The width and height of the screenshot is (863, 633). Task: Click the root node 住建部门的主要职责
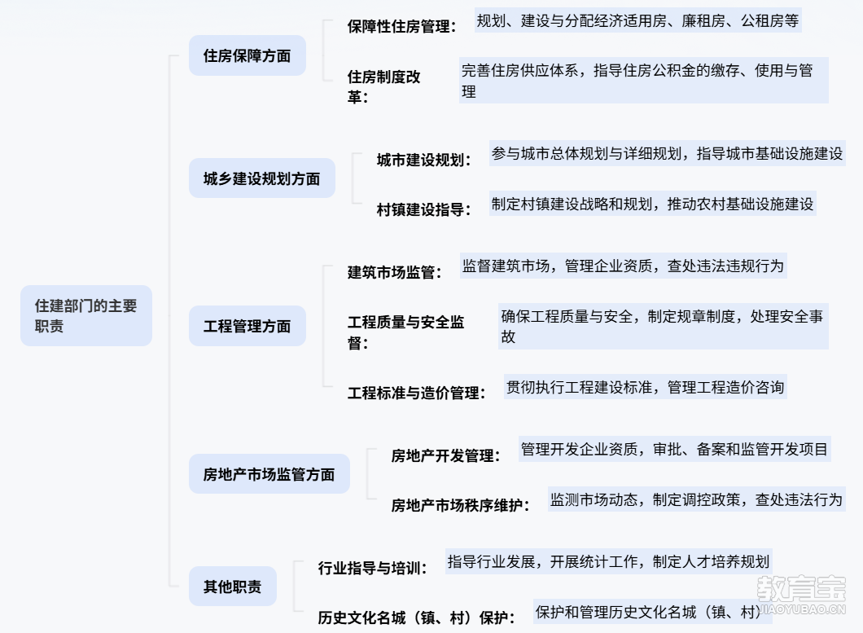click(x=85, y=316)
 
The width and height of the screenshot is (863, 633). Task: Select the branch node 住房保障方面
click(x=247, y=56)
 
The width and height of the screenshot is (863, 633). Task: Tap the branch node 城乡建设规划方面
click(x=261, y=178)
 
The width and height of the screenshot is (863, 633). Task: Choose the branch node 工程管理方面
click(x=247, y=326)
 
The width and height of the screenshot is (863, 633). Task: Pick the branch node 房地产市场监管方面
click(x=269, y=474)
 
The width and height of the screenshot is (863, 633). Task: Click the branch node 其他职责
click(x=232, y=587)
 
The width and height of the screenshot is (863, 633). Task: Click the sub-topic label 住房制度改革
click(x=384, y=86)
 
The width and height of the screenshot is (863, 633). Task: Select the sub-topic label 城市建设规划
click(x=423, y=160)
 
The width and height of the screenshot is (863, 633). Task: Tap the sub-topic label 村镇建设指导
click(x=423, y=209)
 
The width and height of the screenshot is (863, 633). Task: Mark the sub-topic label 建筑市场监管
click(x=394, y=272)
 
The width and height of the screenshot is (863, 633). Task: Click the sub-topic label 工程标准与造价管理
click(x=416, y=393)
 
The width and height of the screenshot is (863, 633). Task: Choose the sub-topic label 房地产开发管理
click(x=445, y=455)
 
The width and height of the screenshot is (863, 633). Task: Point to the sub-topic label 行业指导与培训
click(x=372, y=568)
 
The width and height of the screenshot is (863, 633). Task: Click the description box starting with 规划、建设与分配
click(x=637, y=21)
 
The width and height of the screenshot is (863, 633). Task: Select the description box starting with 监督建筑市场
click(x=623, y=266)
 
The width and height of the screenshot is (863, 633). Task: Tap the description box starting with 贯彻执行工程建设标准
click(x=645, y=387)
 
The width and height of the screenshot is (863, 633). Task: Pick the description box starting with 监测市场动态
click(x=696, y=499)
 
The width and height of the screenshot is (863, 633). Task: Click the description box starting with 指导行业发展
click(x=608, y=561)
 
